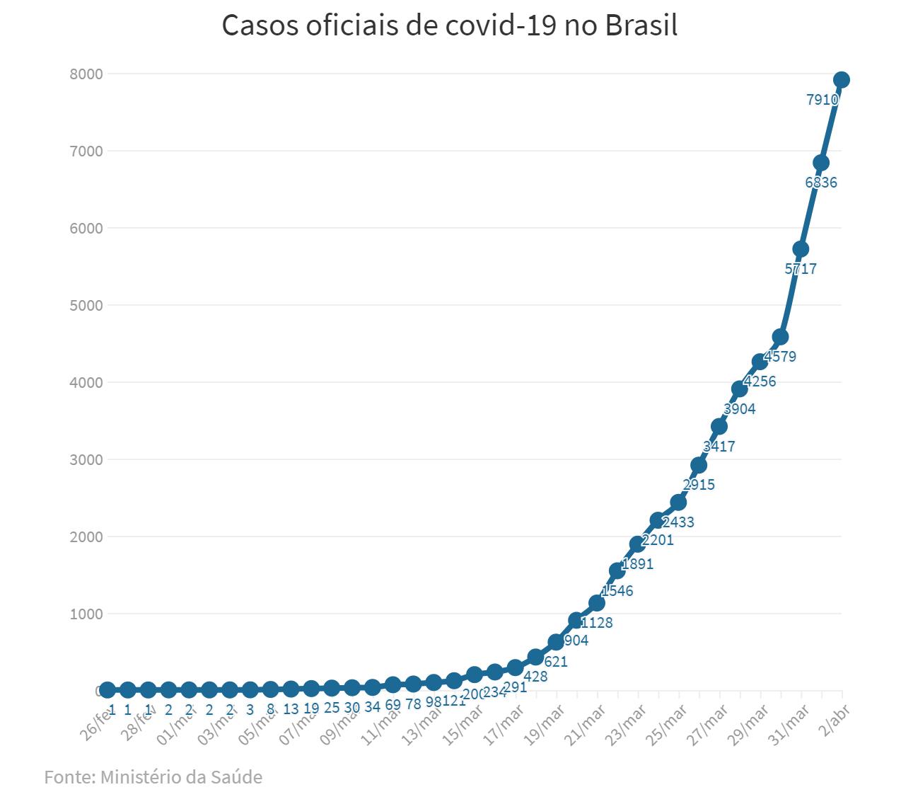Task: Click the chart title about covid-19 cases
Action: tap(450, 25)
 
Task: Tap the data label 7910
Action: tap(822, 100)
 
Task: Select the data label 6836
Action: tap(821, 183)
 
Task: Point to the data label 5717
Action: tap(801, 269)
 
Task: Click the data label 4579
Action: tap(780, 357)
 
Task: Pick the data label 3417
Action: tap(719, 447)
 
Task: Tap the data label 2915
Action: tap(699, 485)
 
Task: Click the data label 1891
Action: tap(637, 565)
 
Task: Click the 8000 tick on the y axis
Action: tap(86, 74)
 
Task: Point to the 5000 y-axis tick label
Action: tap(86, 305)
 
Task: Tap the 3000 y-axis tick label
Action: tap(86, 459)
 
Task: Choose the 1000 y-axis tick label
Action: tap(86, 614)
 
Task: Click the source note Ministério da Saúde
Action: tap(153, 776)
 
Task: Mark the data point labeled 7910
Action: tap(842, 80)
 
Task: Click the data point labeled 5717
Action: tap(801, 249)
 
